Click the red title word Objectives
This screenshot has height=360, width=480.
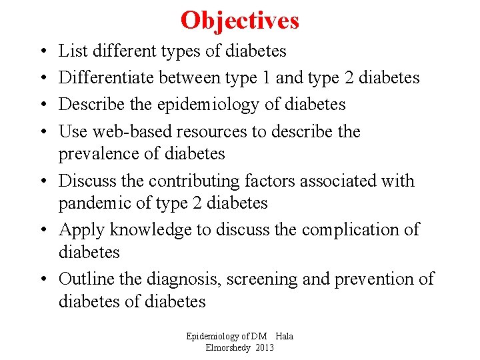[239, 21]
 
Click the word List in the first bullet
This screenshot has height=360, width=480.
[70, 51]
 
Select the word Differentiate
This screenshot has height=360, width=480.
[106, 77]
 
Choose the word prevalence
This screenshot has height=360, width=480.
[101, 154]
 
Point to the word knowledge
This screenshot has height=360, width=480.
[148, 230]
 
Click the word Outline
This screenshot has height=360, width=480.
[87, 279]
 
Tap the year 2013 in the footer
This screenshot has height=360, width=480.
[264, 348]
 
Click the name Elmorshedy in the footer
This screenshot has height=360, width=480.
[228, 348]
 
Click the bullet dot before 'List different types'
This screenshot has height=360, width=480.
[42, 51]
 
